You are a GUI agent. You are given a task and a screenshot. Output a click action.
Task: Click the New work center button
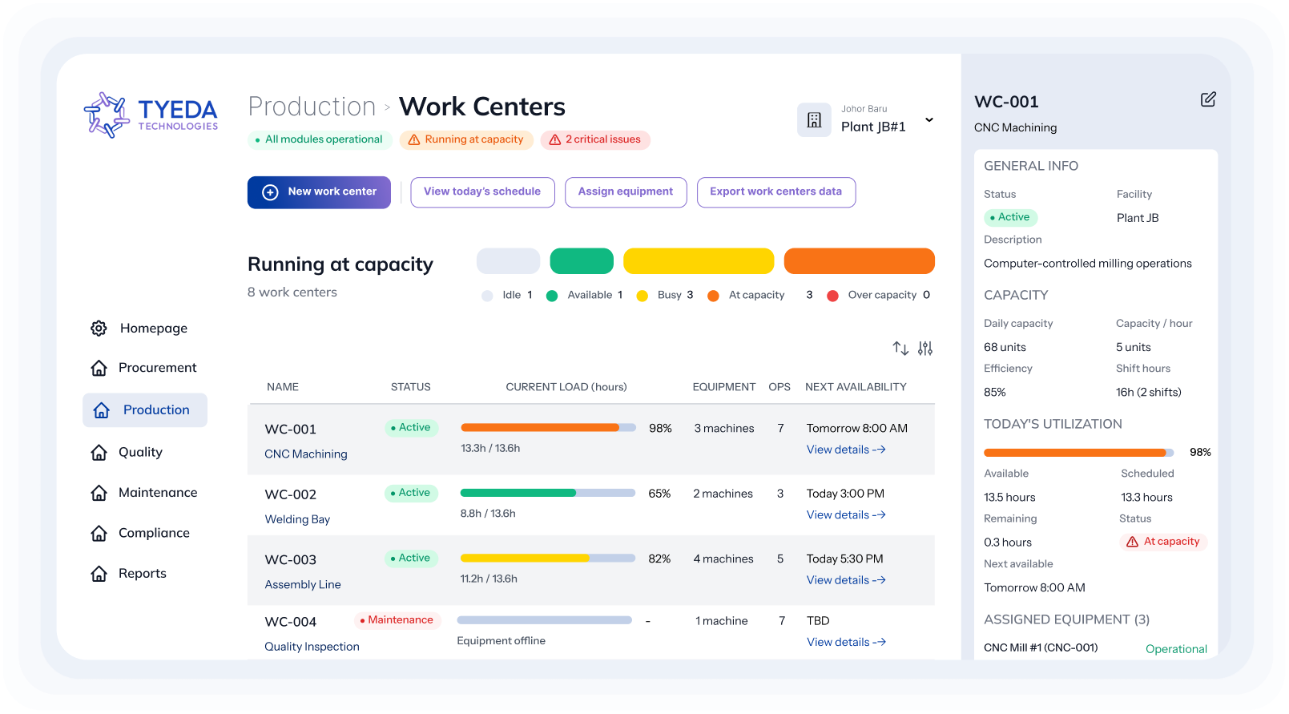(x=319, y=192)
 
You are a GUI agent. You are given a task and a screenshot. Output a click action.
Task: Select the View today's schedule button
(x=482, y=192)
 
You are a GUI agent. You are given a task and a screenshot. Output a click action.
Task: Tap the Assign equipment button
(x=626, y=192)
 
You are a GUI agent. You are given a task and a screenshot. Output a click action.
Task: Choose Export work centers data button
(x=775, y=192)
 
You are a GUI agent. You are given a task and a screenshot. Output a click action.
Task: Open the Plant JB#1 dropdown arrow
(x=929, y=120)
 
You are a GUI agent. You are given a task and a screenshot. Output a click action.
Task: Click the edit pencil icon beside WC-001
(x=1208, y=99)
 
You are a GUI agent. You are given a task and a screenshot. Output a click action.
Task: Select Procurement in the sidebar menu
(x=157, y=368)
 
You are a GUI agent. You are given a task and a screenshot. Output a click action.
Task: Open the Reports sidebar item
(x=142, y=574)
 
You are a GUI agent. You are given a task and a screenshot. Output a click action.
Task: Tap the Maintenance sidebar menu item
(x=157, y=493)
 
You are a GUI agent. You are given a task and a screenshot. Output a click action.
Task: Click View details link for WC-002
(x=845, y=515)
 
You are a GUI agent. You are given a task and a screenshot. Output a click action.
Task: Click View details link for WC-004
(x=845, y=643)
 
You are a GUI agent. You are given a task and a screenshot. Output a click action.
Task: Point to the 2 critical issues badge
(x=595, y=140)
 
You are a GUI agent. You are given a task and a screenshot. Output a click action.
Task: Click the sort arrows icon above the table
(x=900, y=349)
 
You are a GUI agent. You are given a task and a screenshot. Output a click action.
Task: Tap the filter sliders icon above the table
(x=925, y=349)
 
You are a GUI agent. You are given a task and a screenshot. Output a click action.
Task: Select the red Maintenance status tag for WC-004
(x=397, y=620)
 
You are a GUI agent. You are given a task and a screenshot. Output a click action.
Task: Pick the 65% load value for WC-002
(x=659, y=494)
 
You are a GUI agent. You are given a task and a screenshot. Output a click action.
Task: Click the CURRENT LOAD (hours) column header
(x=566, y=387)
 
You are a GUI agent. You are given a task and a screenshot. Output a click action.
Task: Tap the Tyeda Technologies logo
(x=151, y=115)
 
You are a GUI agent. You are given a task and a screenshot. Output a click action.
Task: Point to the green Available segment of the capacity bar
(x=582, y=261)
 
